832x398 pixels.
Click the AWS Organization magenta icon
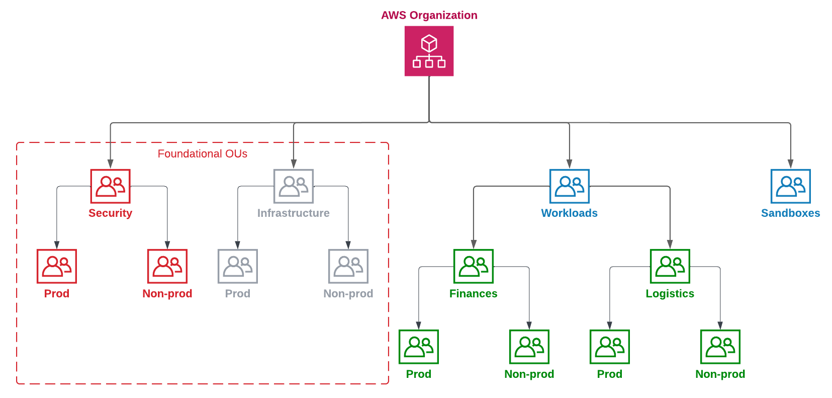pos(429,51)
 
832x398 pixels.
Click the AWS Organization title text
pos(429,15)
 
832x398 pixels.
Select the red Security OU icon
pos(110,186)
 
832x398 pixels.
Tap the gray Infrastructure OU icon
pos(294,186)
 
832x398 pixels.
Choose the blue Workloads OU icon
pos(569,186)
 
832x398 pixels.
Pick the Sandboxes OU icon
pos(790,186)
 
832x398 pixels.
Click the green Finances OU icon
pos(473,266)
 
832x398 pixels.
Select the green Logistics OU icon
pos(670,266)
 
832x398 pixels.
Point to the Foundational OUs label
pos(202,153)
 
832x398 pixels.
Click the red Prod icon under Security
pos(57,266)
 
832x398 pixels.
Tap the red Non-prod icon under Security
pos(167,266)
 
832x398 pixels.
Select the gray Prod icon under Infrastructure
pos(238,266)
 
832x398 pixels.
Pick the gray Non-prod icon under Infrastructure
pos(348,266)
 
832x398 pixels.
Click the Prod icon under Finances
pos(418,347)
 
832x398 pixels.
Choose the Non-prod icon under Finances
pos(529,347)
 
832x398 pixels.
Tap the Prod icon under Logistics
pos(609,347)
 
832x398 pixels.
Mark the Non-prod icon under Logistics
pos(720,347)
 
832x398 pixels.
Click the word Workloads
pos(569,213)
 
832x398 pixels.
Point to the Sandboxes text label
pos(790,213)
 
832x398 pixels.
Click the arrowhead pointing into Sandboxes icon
pos(790,164)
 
